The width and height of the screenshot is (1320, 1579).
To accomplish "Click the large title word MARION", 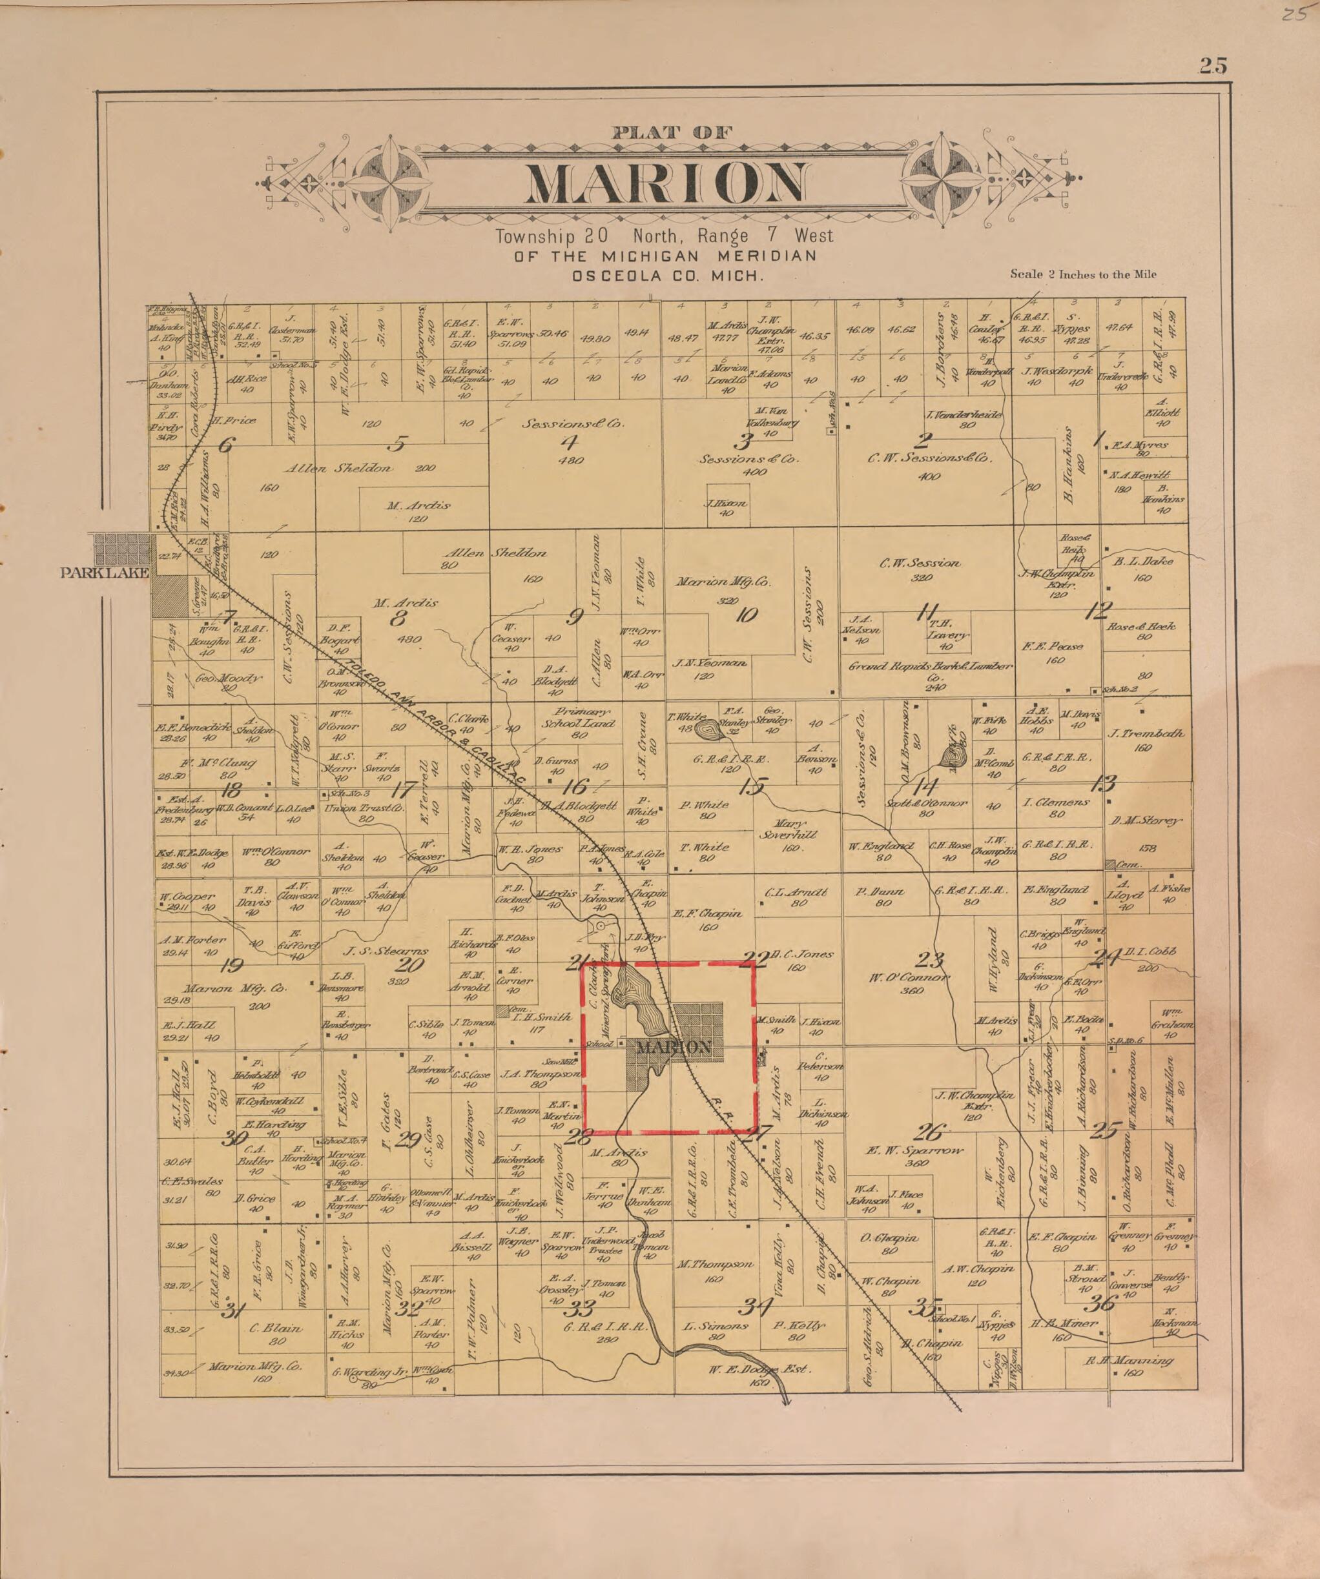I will click(666, 183).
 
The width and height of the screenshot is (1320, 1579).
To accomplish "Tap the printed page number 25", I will click(1213, 66).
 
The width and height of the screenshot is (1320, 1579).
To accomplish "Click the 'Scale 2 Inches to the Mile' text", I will click(1083, 274).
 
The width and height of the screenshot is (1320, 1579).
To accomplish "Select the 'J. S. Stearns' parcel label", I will click(386, 950).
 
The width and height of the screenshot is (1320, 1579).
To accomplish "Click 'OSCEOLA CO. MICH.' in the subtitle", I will click(667, 276).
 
